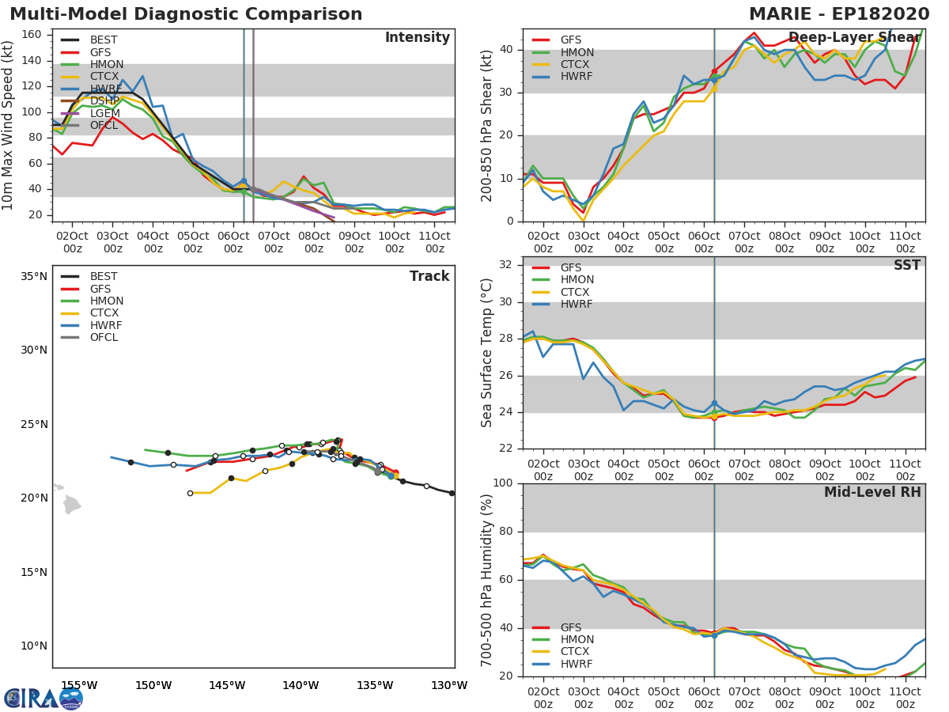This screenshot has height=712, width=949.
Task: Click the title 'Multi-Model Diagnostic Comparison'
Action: click(x=186, y=14)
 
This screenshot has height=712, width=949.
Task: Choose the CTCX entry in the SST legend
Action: click(x=577, y=292)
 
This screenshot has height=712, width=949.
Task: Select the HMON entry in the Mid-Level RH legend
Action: click(x=577, y=640)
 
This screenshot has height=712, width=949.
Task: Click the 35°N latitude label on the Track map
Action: click(x=34, y=277)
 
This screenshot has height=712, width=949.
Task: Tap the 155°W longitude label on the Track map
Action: click(x=79, y=686)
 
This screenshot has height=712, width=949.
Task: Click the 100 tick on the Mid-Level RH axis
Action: click(x=504, y=483)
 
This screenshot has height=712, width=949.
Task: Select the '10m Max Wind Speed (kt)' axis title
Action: click(x=9, y=125)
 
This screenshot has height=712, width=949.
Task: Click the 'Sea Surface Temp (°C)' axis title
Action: click(x=487, y=353)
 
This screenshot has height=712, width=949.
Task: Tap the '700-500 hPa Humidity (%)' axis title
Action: click(x=487, y=579)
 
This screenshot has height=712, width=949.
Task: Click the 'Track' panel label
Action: click(x=429, y=276)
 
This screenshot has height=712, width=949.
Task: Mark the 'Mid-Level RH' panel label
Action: click(x=872, y=493)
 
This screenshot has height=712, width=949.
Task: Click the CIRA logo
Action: click(x=43, y=698)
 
